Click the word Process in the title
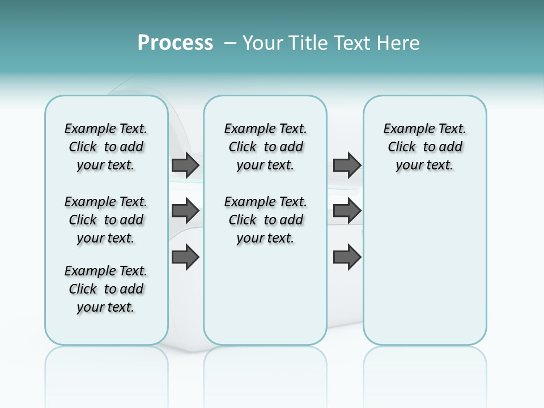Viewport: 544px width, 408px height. [x=175, y=43]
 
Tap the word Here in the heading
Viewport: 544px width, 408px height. [x=399, y=43]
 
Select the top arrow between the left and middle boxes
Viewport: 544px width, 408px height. [x=185, y=165]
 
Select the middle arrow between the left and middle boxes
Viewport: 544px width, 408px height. [x=185, y=211]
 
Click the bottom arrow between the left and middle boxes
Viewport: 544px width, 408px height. [x=185, y=257]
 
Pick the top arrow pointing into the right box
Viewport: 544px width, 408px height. [x=347, y=165]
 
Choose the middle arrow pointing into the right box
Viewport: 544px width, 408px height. [x=347, y=211]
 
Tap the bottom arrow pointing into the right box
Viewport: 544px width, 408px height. [x=347, y=257]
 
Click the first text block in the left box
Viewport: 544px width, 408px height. [x=106, y=147]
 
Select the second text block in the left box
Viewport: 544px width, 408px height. [x=106, y=220]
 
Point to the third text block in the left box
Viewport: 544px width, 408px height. [x=106, y=289]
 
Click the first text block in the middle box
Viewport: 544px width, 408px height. [x=266, y=147]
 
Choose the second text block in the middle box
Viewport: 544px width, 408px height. [x=266, y=220]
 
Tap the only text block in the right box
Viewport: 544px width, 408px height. [x=425, y=147]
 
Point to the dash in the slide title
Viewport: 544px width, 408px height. [x=230, y=43]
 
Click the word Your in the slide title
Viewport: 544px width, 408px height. [x=263, y=43]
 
